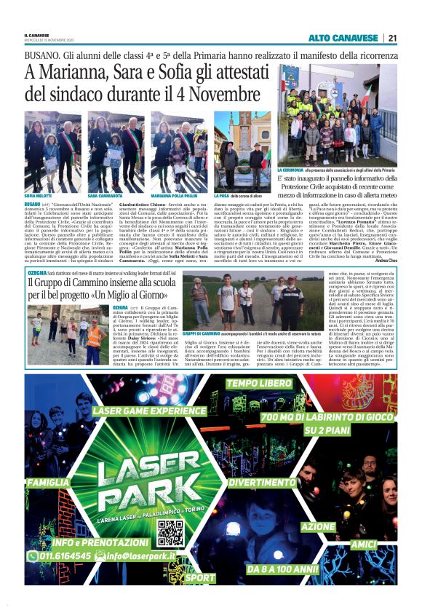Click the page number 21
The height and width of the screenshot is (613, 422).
[392, 38]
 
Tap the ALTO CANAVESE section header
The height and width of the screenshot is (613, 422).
[343, 38]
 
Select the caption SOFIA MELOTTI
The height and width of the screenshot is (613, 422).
[39, 197]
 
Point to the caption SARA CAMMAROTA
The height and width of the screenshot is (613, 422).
[105, 197]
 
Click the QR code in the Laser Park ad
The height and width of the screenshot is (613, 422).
[170, 532]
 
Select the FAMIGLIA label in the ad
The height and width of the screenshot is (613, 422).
[49, 482]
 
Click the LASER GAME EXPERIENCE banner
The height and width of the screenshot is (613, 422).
[149, 411]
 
